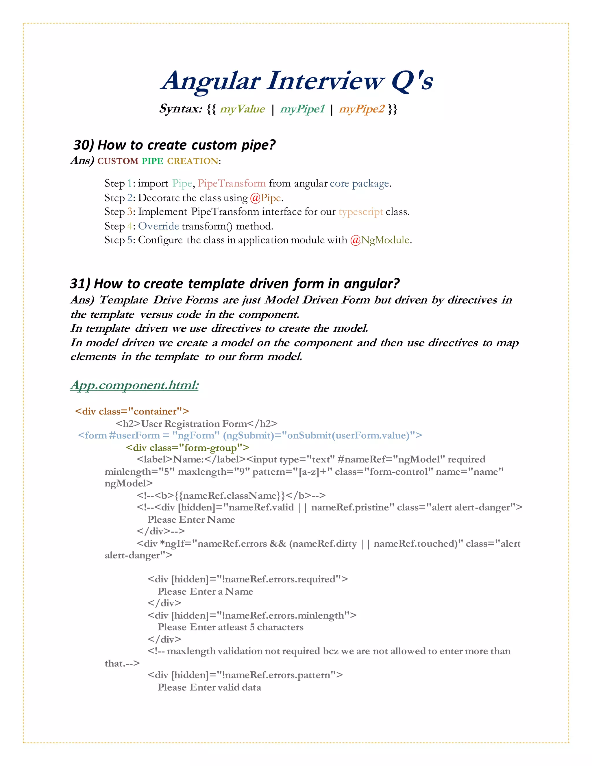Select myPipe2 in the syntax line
click(x=362, y=109)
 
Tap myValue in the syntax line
click(x=242, y=109)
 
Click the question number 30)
click(x=84, y=145)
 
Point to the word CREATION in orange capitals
click(x=193, y=161)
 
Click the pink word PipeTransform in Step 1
click(x=232, y=184)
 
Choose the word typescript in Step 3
click(x=360, y=212)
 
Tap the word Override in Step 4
click(x=158, y=226)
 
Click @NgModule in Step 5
click(x=380, y=240)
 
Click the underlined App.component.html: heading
click(x=134, y=385)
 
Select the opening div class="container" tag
click(x=132, y=411)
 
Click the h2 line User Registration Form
click(x=196, y=424)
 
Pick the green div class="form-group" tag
click(x=188, y=448)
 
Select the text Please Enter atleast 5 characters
click(x=230, y=627)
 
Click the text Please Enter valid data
click(x=209, y=687)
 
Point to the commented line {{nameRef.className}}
click(x=231, y=495)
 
